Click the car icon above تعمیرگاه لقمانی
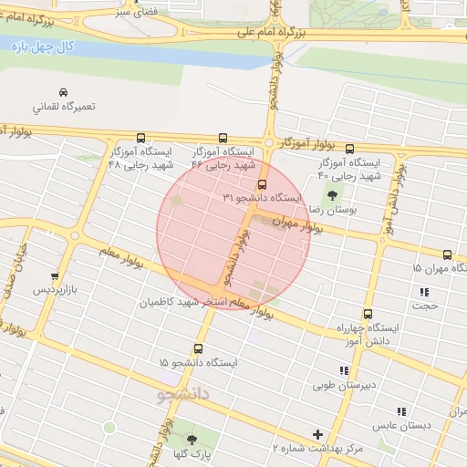click(x=62, y=93)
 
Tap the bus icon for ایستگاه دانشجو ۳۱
click(x=263, y=183)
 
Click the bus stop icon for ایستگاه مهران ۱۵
click(x=447, y=254)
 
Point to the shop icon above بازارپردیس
click(x=55, y=275)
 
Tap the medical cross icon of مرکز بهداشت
click(x=317, y=434)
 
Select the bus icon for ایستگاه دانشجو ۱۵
click(x=198, y=348)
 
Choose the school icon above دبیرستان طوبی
click(x=343, y=370)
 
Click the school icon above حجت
click(x=424, y=292)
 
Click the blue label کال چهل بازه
click(x=33, y=46)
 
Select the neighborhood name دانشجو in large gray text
click(x=183, y=395)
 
